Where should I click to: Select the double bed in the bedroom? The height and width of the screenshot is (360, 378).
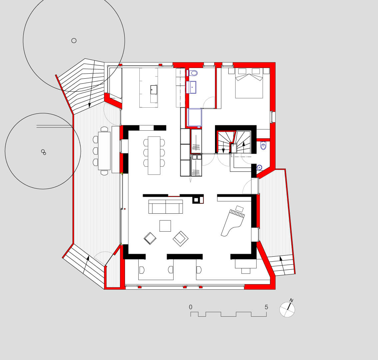[x=249, y=83]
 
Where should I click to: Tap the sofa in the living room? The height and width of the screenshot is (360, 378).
[x=165, y=207]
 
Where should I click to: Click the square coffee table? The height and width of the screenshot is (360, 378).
[x=165, y=226]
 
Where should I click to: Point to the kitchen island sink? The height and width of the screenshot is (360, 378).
[x=154, y=89]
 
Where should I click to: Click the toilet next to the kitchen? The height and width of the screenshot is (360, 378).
[x=192, y=73]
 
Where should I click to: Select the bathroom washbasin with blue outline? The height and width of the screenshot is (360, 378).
[x=191, y=87]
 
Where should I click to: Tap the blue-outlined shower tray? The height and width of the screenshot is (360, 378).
[x=194, y=117]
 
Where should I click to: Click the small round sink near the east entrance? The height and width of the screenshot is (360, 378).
[x=259, y=167]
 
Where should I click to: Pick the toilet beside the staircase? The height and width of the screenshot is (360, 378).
[x=263, y=146]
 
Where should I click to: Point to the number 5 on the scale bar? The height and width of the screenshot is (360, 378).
[x=266, y=307]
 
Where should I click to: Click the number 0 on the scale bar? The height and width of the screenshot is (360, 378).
[x=191, y=307]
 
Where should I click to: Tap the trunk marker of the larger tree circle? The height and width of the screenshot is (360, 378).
[x=74, y=41]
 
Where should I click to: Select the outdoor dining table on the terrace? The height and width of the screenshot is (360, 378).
[x=104, y=151]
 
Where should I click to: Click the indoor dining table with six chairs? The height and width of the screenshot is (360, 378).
[x=154, y=156]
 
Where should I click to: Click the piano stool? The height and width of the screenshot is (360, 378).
[x=239, y=209]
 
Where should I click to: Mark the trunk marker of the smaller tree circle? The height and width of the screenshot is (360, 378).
[x=44, y=152]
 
